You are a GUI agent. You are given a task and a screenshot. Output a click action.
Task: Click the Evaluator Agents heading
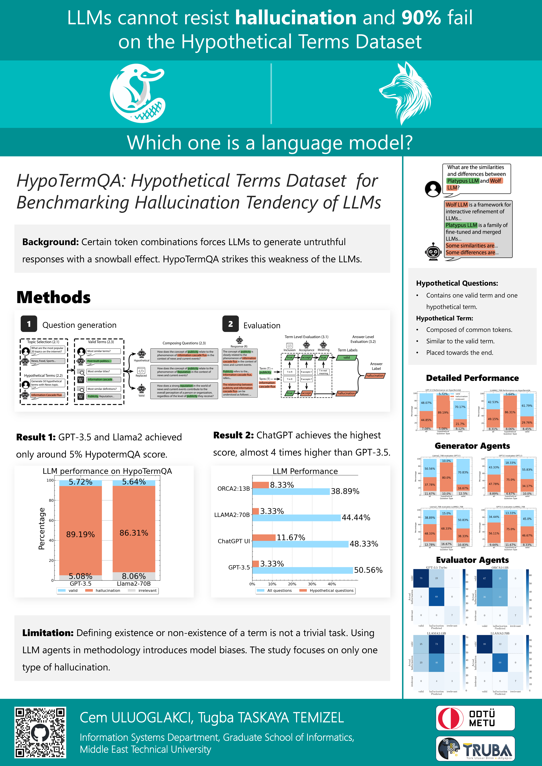(472, 560)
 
